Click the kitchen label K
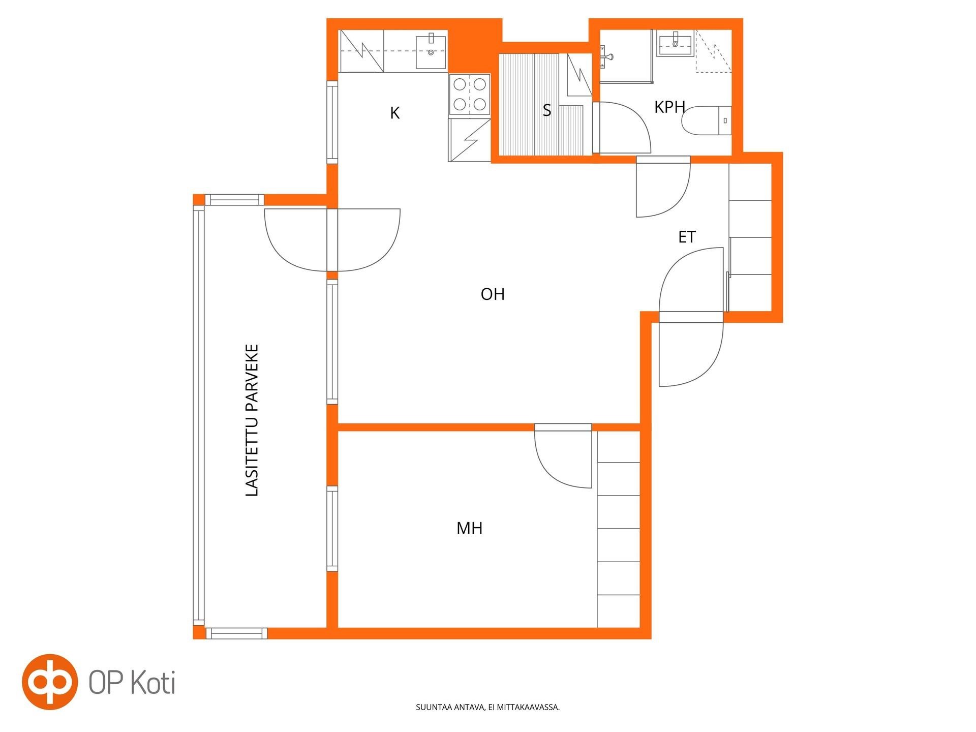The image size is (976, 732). (x=394, y=113)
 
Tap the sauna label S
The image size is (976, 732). (x=547, y=110)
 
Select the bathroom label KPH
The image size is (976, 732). (x=669, y=107)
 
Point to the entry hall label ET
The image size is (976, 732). (x=687, y=237)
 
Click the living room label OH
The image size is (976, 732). (x=493, y=294)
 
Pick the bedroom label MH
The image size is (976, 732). (x=469, y=528)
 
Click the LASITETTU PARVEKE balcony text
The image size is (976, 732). (x=252, y=420)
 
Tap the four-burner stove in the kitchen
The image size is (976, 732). (x=470, y=94)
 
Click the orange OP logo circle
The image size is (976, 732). (x=49, y=682)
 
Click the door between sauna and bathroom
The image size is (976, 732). (x=622, y=127)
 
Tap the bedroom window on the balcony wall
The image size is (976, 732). (x=332, y=529)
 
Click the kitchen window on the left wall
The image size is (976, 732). (x=332, y=122)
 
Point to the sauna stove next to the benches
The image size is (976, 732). (x=579, y=75)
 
